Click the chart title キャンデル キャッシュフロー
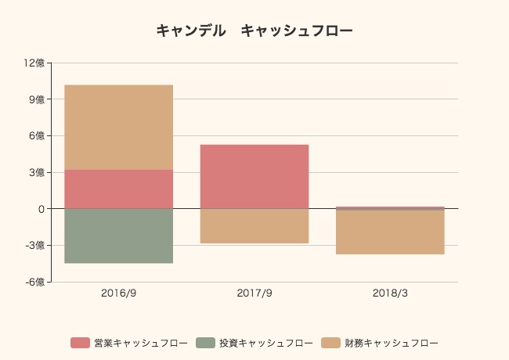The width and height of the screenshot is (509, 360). click(254, 31)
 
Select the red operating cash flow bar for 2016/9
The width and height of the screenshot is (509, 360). click(118, 189)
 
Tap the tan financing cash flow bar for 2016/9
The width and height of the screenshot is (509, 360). click(118, 127)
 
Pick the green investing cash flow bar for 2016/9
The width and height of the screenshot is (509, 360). click(118, 236)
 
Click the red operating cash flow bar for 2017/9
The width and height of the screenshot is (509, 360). click(254, 176)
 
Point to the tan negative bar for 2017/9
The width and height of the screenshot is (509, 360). click(254, 226)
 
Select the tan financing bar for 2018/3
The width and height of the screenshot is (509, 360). click(390, 232)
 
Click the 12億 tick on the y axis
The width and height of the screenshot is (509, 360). click(34, 63)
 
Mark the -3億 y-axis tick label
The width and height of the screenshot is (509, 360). click(35, 245)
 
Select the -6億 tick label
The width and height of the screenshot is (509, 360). click(35, 282)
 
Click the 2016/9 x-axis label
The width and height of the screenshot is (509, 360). click(118, 294)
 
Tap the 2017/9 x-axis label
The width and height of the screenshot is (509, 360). click(254, 294)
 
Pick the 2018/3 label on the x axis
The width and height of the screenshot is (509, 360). click(390, 294)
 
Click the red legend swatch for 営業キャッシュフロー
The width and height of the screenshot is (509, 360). click(81, 343)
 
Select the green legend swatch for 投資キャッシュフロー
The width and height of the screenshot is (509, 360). click(206, 343)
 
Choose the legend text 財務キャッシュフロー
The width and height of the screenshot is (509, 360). click(392, 343)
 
